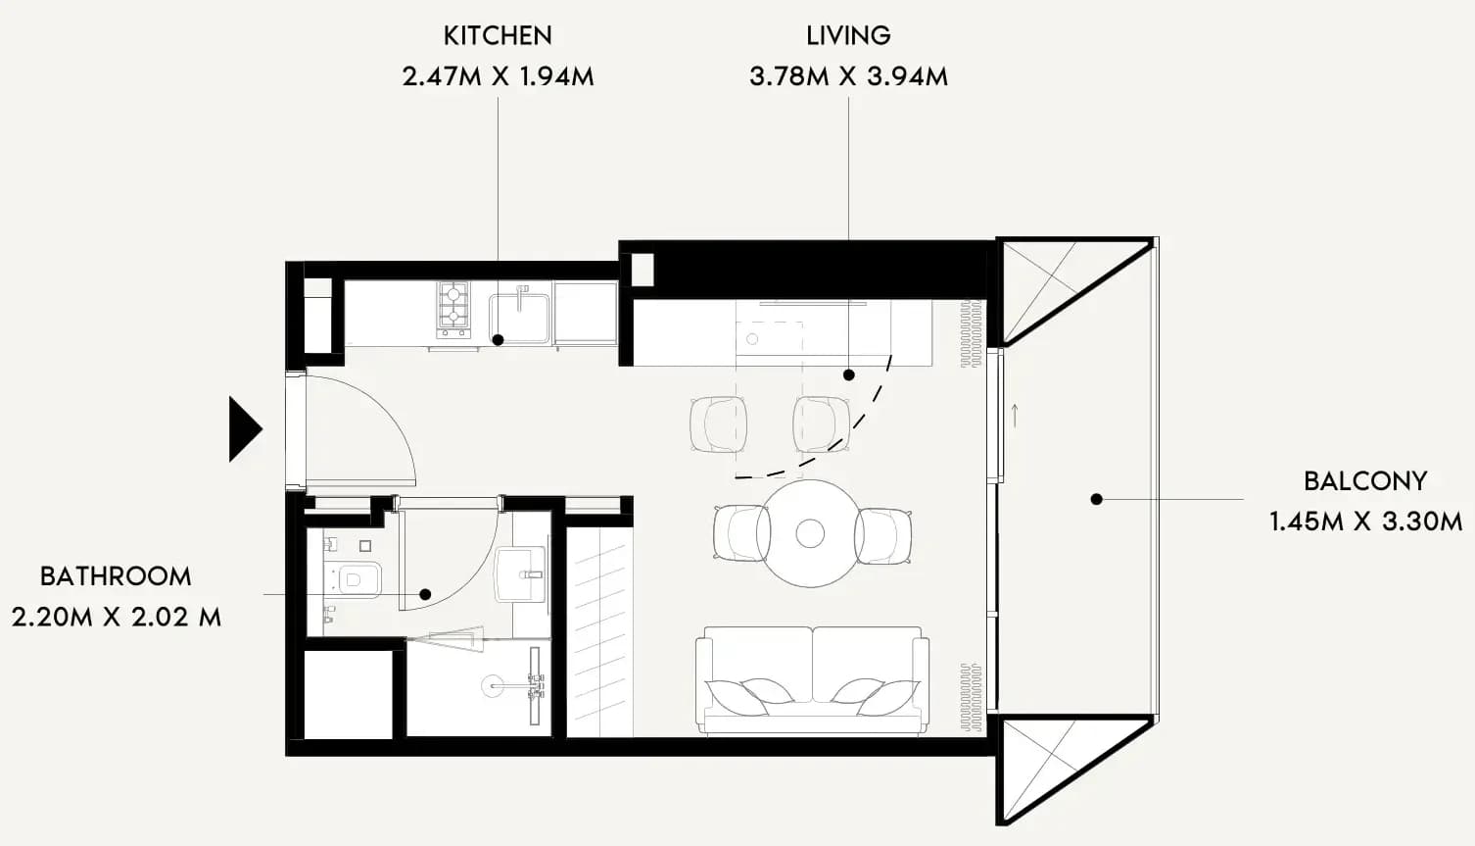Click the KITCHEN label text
point(498,35)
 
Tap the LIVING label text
point(849,35)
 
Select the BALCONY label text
point(1365,481)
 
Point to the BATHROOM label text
point(116,576)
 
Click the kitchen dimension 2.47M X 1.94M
point(498,76)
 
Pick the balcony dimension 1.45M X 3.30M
point(1365,522)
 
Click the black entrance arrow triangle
point(245,429)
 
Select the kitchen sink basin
point(519,319)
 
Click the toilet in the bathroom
point(355,578)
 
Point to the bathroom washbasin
point(520,573)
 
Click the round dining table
point(810,533)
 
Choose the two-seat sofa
point(813,680)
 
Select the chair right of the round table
point(883,535)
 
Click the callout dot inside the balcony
point(1096,499)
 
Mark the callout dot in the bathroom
point(425,594)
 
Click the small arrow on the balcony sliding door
point(1015,415)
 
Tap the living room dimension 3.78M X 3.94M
point(849,76)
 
